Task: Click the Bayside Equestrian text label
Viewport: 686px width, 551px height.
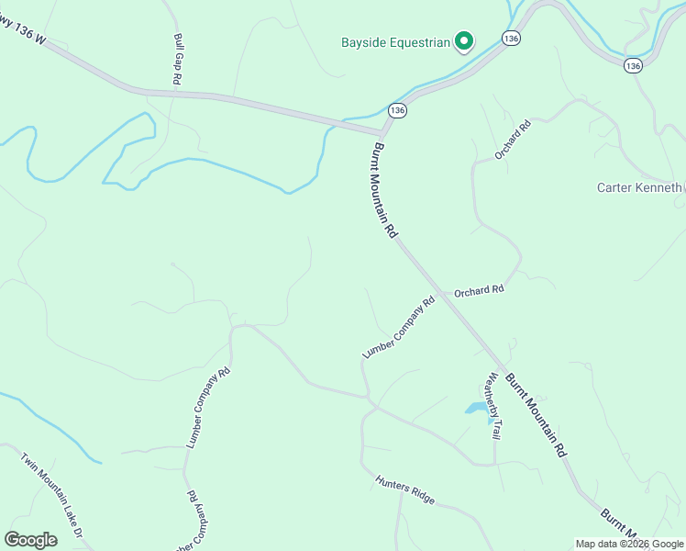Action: coord(396,42)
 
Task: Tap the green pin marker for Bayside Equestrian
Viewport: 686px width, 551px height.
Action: coord(465,40)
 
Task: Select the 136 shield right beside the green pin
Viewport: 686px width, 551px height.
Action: coord(512,38)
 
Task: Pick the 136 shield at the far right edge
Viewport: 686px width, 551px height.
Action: coord(632,66)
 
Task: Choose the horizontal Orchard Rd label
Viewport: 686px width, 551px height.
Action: coord(480,290)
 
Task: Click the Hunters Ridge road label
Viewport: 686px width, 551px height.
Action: coord(404,488)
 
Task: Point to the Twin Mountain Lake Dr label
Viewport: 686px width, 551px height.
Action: coord(52,494)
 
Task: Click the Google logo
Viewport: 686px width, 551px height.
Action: coord(31,540)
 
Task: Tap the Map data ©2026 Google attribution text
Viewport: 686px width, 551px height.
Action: coord(630,544)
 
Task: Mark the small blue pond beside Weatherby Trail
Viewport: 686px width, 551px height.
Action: coord(476,408)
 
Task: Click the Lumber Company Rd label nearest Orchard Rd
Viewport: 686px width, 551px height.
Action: coord(398,327)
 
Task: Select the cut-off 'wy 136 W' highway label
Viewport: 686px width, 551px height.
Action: coord(22,35)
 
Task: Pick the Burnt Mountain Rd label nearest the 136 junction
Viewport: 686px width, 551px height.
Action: coord(384,191)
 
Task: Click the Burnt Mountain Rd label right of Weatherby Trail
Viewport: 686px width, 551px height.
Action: coord(537,416)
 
